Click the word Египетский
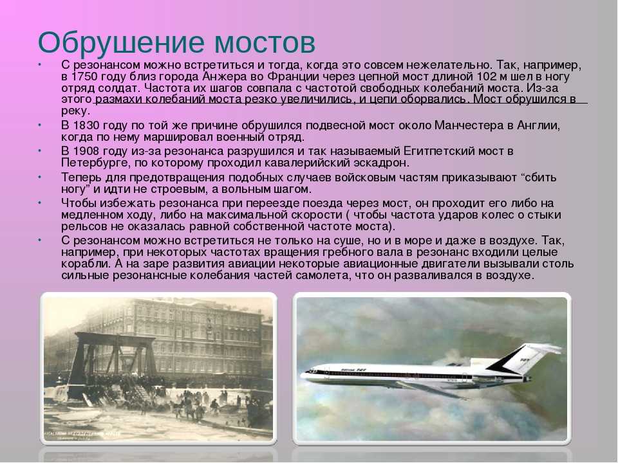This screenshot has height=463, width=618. [x=443, y=152]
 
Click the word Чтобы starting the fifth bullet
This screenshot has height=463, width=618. [x=79, y=204]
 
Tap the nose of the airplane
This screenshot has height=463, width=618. [x=303, y=373]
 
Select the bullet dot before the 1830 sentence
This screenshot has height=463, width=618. [x=40, y=125]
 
